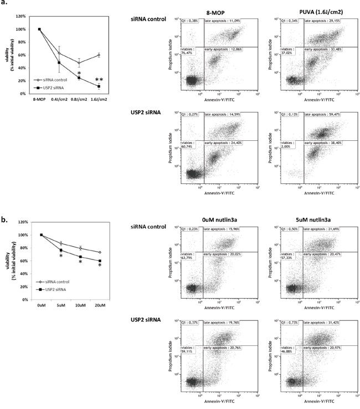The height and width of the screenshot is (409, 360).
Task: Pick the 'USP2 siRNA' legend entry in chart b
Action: tap(58, 288)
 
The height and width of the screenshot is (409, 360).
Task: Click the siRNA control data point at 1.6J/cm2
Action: tap(100, 55)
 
